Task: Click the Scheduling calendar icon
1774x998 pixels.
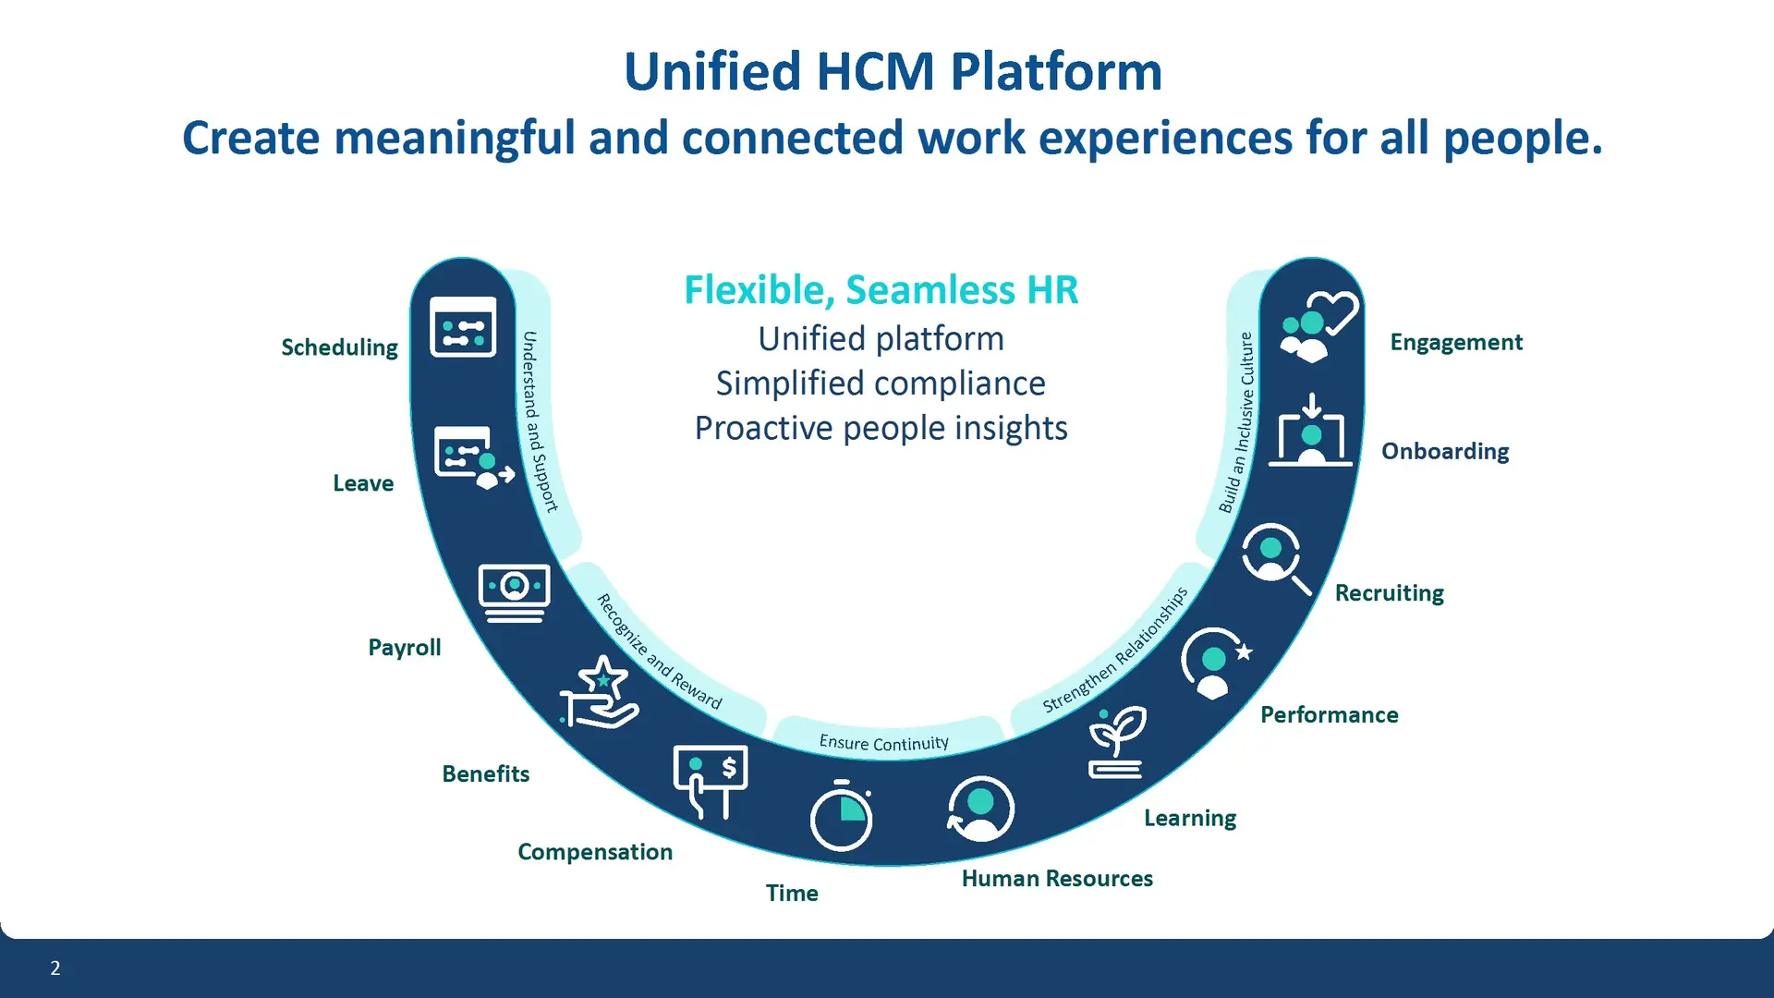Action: click(x=463, y=327)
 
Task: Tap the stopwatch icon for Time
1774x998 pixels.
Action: click(x=841, y=816)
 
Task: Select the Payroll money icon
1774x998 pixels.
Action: click(x=515, y=591)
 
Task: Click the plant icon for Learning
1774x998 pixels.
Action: click(x=1117, y=742)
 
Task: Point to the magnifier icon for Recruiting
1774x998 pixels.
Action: click(x=1276, y=557)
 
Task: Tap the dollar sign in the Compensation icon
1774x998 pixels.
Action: click(x=730, y=767)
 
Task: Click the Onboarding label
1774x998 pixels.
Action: click(x=1445, y=451)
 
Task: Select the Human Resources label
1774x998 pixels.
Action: click(x=1057, y=878)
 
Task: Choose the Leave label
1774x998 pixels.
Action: click(x=363, y=483)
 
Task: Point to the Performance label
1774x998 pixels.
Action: click(x=1329, y=714)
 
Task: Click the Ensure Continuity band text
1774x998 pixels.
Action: click(x=884, y=743)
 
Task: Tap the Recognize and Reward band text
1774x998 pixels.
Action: click(x=659, y=651)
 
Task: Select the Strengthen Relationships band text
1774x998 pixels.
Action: click(x=1115, y=650)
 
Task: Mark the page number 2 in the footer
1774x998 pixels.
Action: click(x=55, y=968)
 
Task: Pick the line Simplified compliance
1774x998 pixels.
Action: click(x=881, y=383)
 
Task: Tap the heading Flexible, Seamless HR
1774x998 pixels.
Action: click(x=881, y=290)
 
